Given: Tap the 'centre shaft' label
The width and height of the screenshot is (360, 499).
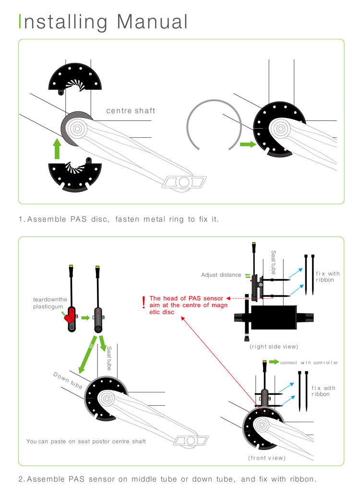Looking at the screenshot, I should tap(131, 111).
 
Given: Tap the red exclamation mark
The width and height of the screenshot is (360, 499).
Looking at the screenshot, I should tap(143, 302).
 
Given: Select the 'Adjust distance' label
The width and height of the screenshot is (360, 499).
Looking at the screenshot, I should tap(221, 275).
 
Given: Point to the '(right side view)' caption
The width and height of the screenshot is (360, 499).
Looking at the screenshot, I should tap(274, 346).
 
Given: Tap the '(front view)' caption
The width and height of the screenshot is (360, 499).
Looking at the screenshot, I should tap(267, 458).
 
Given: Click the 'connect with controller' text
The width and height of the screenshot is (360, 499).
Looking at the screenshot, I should tap(310, 362).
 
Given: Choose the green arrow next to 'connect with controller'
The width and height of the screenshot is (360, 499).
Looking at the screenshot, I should tap(274, 361).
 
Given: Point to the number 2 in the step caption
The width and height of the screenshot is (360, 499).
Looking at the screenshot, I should tap(21, 479).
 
